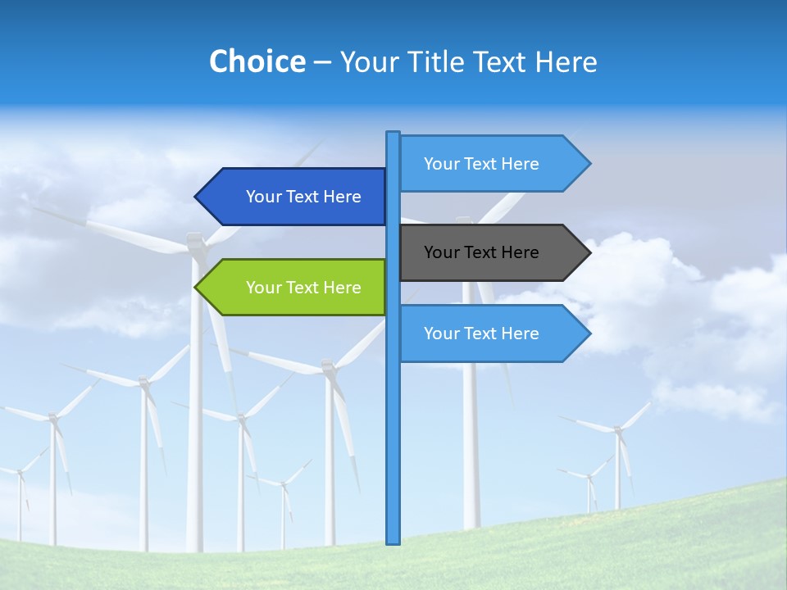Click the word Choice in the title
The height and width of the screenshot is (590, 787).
click(257, 61)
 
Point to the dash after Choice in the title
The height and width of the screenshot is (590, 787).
click(322, 62)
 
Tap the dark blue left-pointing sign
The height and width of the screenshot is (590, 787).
click(295, 197)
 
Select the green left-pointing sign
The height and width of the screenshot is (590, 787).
click(295, 288)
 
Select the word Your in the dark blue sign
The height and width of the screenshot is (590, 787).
click(264, 197)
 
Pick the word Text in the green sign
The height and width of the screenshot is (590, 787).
click(303, 288)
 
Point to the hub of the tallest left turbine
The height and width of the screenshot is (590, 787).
click(195, 243)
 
